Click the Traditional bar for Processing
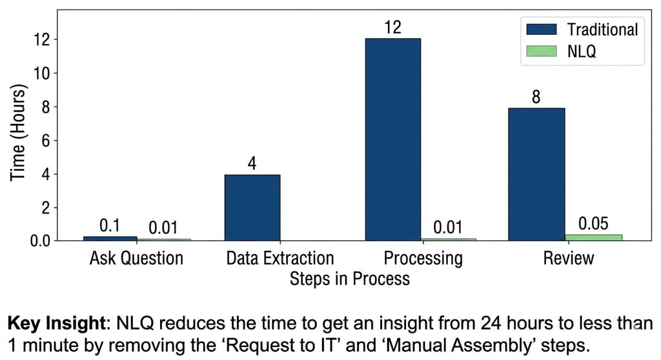click(x=392, y=139)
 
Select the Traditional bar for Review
click(x=536, y=174)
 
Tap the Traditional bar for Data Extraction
click(x=252, y=207)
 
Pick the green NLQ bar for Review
click(x=594, y=237)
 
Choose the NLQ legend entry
click(x=562, y=52)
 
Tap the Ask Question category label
click(x=136, y=259)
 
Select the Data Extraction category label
click(x=280, y=259)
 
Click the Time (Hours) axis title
click(x=18, y=134)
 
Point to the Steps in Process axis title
click(x=349, y=279)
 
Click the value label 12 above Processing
click(x=392, y=28)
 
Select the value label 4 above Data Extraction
click(x=252, y=163)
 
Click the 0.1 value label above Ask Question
click(x=109, y=226)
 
